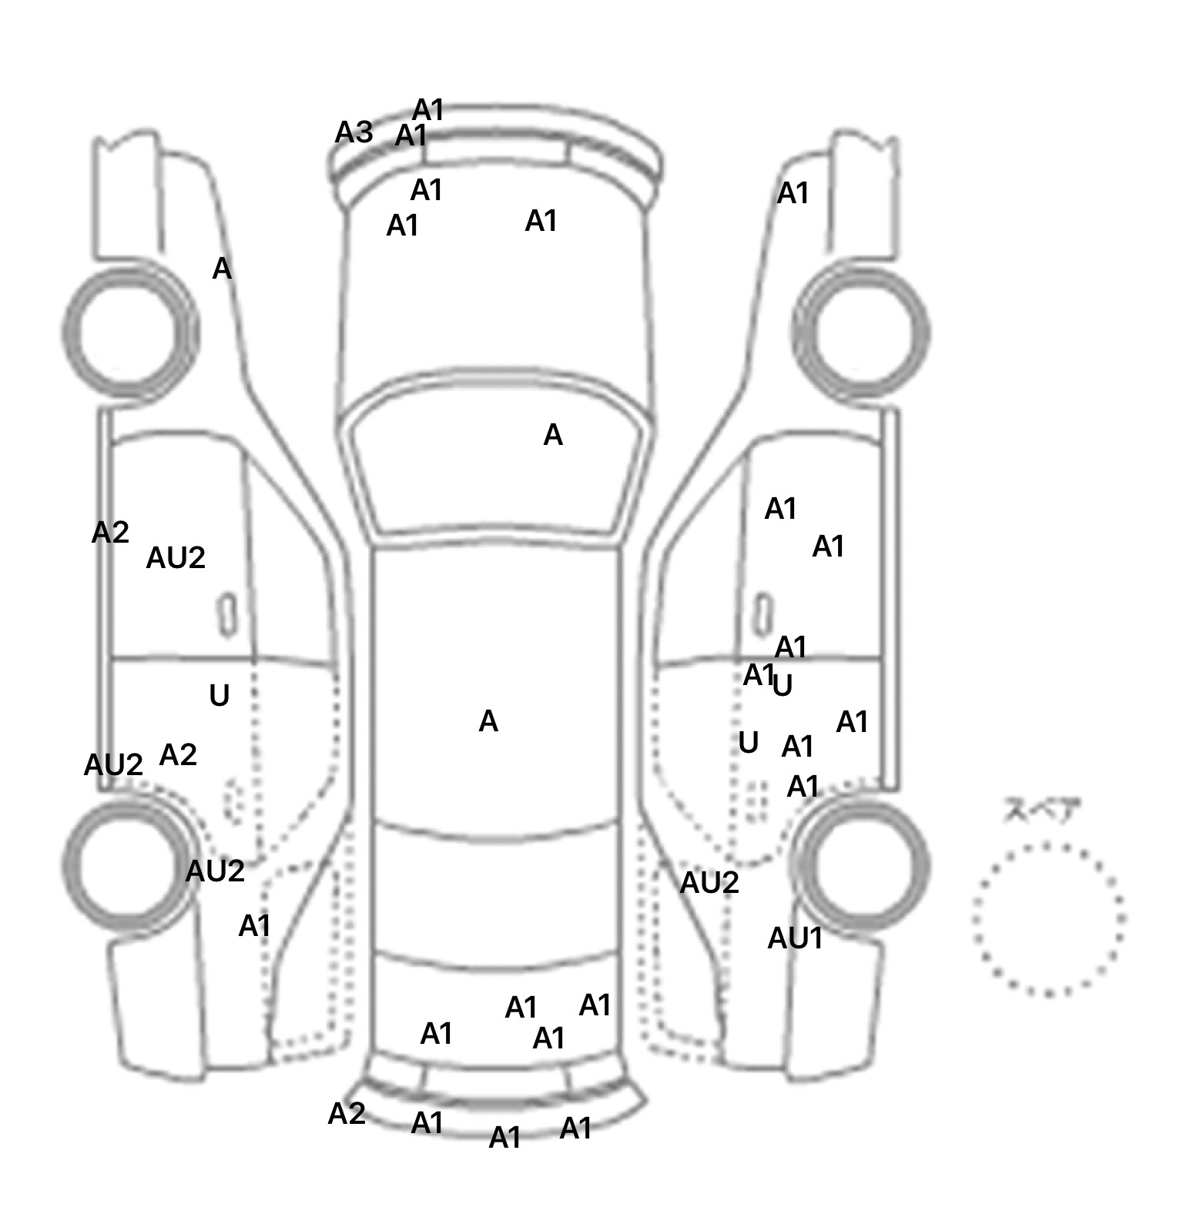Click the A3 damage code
tap(354, 133)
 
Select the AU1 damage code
tap(795, 938)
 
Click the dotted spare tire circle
tap(1048, 919)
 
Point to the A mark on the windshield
tap(553, 436)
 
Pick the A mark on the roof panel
tap(488, 721)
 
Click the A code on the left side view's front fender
tap(222, 269)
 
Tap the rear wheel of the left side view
tap(128, 864)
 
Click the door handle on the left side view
tap(226, 614)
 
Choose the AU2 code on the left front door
tap(176, 558)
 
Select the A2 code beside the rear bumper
tap(347, 1114)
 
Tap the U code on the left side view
tap(220, 696)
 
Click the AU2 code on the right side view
tap(709, 883)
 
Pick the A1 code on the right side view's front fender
tap(793, 194)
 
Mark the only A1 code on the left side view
tap(255, 926)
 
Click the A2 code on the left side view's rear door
tap(178, 755)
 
